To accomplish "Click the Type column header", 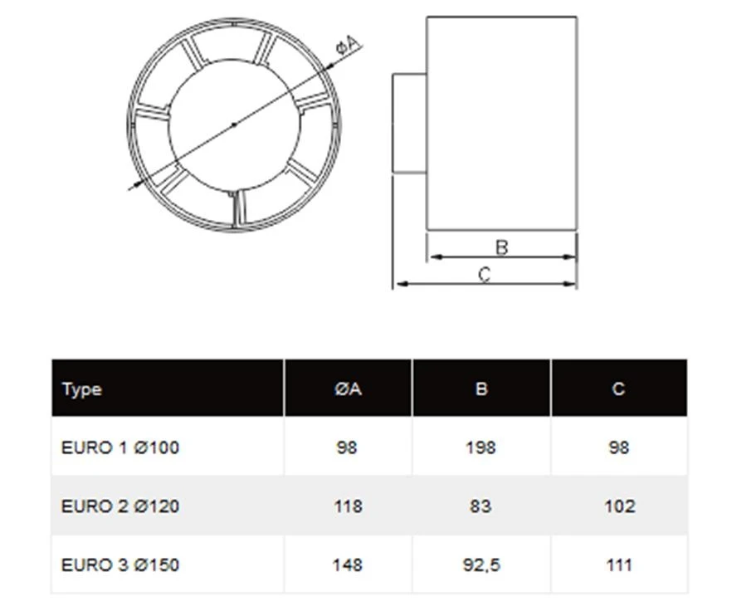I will [x=81, y=389].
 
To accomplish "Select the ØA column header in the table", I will [x=348, y=389].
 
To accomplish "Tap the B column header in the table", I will [x=480, y=389].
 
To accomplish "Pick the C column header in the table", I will [x=618, y=389].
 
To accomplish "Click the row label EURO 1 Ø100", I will [x=120, y=447].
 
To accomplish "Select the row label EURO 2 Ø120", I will [x=120, y=506].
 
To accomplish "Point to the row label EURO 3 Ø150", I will [x=120, y=565].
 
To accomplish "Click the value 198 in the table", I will [x=480, y=447].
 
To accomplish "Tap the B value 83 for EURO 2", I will [x=480, y=506].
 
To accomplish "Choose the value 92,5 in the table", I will [x=480, y=565].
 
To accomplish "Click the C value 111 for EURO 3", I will [x=619, y=565].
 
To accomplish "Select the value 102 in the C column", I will [x=619, y=506].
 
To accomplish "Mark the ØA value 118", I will [x=347, y=506].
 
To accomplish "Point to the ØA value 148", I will [x=347, y=565].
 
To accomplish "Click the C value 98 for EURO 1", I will [x=619, y=447].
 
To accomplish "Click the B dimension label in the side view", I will [x=500, y=247].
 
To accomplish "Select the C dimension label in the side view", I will [x=485, y=274].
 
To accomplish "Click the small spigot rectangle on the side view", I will [x=408, y=124].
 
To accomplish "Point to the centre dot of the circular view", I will [x=234, y=125].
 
